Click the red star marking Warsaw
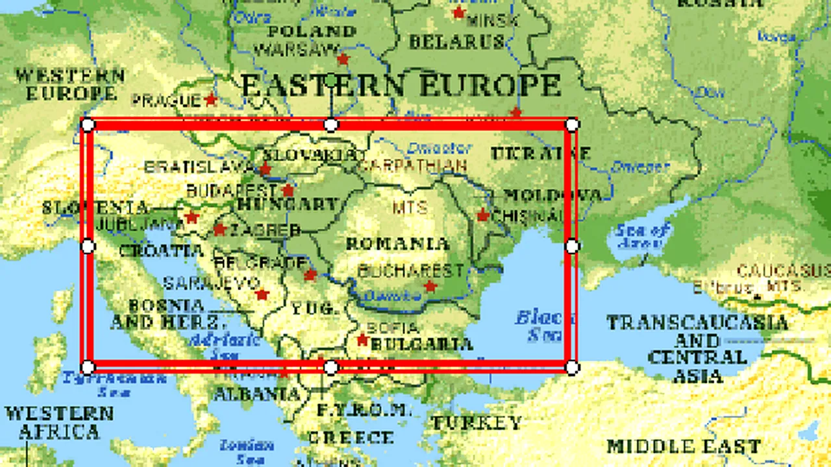pos(343,60)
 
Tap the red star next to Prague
pos(210,100)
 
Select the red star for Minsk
pos(459,12)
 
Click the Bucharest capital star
pos(430,286)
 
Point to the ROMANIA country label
pos(397,245)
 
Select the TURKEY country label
pos(477,424)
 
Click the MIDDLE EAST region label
pos(683,446)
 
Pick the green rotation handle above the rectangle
pos(331,80)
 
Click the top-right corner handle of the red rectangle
pos(572,124)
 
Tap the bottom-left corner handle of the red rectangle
pos(88,368)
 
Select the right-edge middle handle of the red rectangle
pos(572,246)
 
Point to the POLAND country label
pos(312,31)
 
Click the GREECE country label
pos(351,438)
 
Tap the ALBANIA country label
pos(256,394)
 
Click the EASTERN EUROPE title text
pos(401,86)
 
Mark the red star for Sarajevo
pos(262,295)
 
